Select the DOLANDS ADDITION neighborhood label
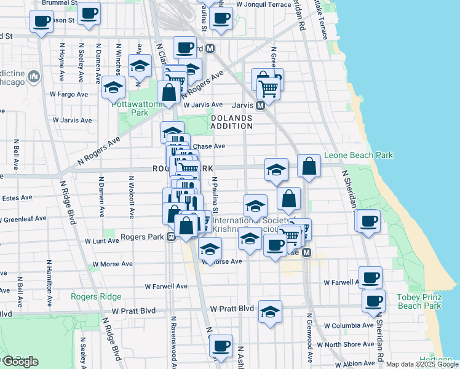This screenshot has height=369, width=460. [232, 122]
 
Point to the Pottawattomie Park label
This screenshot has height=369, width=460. [139, 108]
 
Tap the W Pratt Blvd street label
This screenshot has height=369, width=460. [232, 308]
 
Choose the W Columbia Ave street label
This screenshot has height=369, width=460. [348, 325]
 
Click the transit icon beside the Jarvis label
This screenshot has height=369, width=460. [260, 105]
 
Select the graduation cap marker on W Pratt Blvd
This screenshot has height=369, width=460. [270, 312]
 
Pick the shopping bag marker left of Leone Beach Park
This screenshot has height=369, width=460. [309, 166]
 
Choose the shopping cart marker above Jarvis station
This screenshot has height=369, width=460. [268, 89]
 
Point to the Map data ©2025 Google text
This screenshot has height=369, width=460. [422, 364]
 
